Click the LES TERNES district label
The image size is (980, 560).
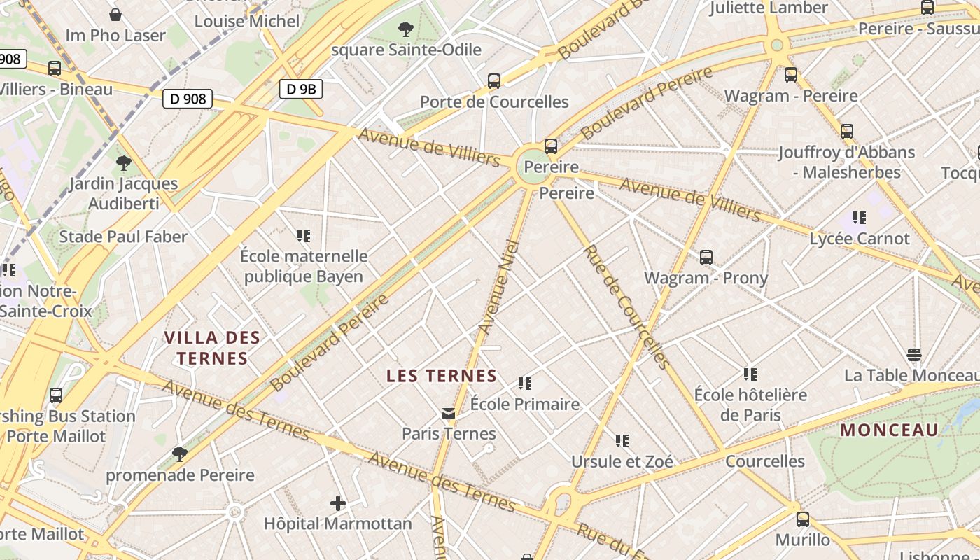442,376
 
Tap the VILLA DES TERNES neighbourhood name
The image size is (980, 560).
212,348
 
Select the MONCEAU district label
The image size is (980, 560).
889,430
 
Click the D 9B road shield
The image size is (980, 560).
301,89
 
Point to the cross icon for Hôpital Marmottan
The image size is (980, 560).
338,503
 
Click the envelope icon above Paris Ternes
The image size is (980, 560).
449,414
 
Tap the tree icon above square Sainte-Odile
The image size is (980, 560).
405,29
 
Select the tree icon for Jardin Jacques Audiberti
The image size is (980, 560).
124,163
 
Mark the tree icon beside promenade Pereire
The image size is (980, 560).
180,454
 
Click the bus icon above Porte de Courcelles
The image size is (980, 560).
494,81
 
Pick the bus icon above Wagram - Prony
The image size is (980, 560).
706,258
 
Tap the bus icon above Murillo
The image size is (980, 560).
803,519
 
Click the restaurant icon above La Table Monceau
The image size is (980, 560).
913,355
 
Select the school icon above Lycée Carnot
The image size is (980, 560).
859,218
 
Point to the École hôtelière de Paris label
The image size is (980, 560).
750,405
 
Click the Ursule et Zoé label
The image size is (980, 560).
622,461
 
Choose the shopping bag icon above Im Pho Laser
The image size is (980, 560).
115,15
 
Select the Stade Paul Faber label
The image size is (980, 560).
123,237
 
